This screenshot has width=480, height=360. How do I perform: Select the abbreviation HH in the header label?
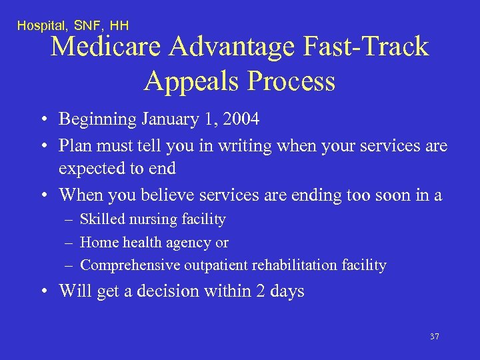click(x=119, y=25)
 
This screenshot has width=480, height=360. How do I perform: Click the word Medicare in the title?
click(x=107, y=47)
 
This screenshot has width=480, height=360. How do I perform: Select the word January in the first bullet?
click(x=173, y=119)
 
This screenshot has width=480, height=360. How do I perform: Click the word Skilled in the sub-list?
click(x=101, y=219)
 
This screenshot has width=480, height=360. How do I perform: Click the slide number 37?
click(x=435, y=337)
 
